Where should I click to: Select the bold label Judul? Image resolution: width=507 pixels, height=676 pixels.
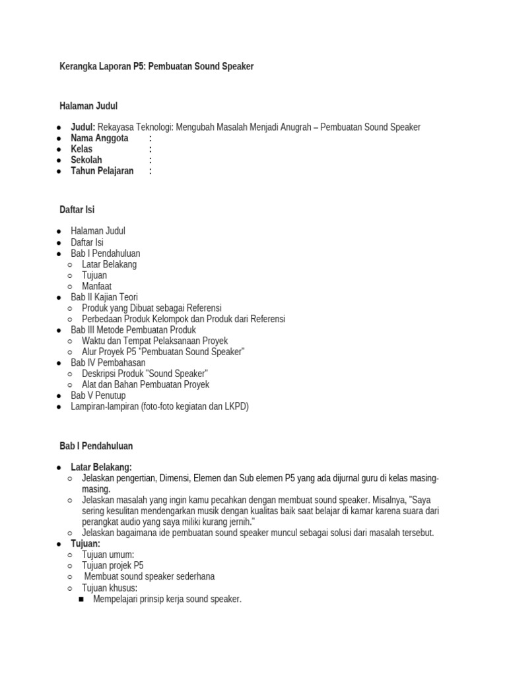click(x=83, y=127)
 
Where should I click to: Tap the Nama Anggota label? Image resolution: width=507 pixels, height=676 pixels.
click(x=100, y=138)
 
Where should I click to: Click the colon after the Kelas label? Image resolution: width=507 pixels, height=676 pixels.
click(x=151, y=149)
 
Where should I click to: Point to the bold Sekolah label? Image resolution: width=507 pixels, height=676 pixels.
click(x=86, y=160)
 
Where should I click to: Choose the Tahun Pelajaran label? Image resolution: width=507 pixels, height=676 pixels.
click(x=102, y=171)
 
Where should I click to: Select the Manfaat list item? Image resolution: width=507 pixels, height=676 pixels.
click(x=96, y=287)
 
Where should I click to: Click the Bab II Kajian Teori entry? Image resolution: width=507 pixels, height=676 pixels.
click(x=104, y=297)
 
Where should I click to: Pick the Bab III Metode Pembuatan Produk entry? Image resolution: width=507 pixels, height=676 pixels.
click(x=133, y=330)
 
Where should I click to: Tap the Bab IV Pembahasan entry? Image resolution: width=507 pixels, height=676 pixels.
click(x=108, y=363)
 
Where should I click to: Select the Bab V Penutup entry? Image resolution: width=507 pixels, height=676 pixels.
click(x=98, y=395)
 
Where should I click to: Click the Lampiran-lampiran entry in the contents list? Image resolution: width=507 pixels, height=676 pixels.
click(x=160, y=407)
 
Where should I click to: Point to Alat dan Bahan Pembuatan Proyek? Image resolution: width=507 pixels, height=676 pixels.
click(x=145, y=385)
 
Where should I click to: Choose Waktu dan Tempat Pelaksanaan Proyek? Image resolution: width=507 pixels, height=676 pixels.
click(x=154, y=341)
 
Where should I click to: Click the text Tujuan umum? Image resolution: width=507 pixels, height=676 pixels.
click(x=108, y=555)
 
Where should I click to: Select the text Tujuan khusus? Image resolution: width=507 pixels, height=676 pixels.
click(x=110, y=588)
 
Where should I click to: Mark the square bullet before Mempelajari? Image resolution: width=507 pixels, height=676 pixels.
click(x=81, y=599)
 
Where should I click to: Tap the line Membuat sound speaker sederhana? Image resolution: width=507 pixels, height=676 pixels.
click(x=149, y=576)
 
